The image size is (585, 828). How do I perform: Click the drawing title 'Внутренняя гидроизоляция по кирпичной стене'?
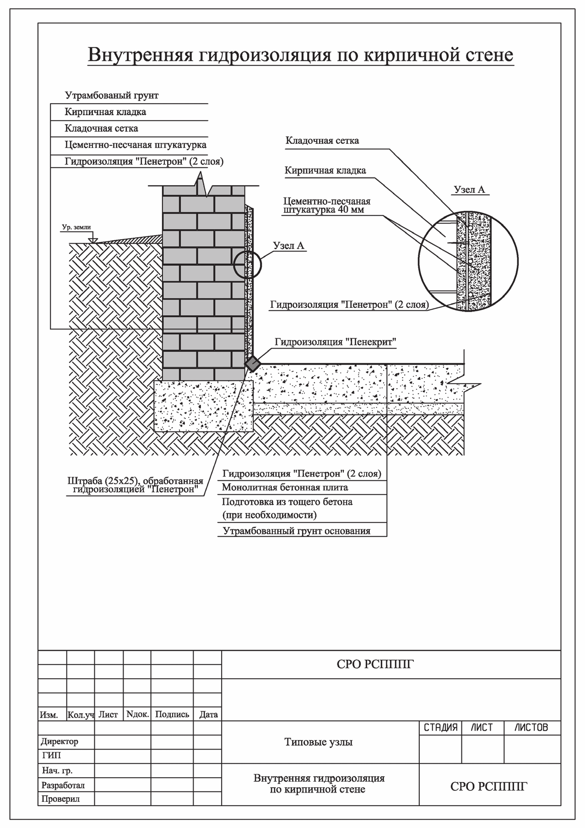tap(300, 55)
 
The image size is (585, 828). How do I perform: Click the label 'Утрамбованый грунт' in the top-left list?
tap(112, 96)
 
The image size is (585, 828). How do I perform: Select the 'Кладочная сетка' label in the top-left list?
tap(101, 128)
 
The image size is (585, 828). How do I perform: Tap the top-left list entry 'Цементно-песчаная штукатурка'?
tap(135, 145)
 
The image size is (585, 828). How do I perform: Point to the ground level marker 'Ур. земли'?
tap(76, 227)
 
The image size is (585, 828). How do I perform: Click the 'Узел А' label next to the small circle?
tap(288, 246)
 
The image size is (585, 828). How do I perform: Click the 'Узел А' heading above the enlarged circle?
tap(469, 190)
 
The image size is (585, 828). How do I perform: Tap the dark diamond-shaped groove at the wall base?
tap(252, 364)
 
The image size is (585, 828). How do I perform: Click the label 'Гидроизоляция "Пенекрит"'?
tap(335, 342)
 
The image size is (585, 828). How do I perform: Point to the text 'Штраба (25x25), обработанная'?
tap(135, 482)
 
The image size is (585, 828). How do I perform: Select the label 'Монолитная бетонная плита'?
tap(285, 488)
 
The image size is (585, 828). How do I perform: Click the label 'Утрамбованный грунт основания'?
tap(297, 531)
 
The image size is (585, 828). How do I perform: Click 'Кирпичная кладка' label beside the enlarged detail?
tap(325, 171)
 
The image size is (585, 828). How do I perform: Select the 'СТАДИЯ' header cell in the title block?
tap(440, 728)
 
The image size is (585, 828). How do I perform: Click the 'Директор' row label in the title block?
tap(60, 741)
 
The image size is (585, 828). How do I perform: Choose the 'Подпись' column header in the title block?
tap(172, 714)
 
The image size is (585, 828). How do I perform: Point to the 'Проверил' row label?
tap(60, 799)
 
